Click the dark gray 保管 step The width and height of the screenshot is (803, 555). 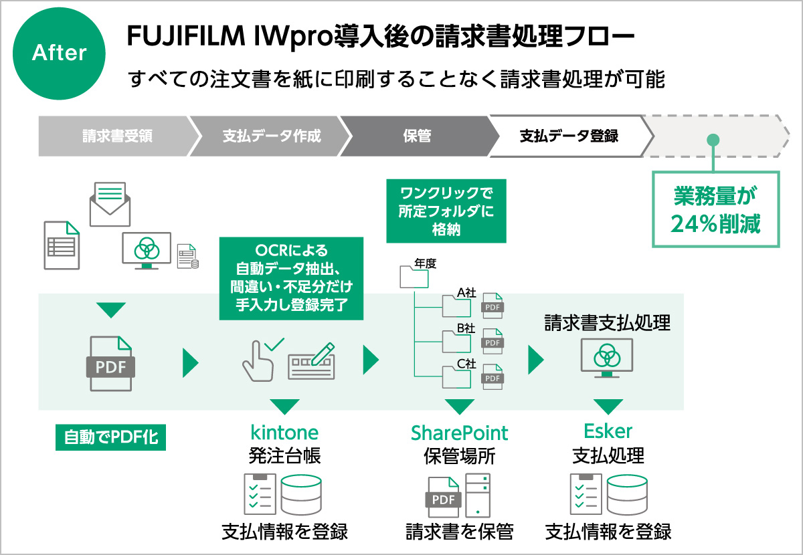(x=416, y=136)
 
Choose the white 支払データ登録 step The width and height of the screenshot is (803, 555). (x=569, y=136)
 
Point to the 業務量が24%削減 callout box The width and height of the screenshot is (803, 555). (x=716, y=210)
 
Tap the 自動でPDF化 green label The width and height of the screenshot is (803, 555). (x=110, y=438)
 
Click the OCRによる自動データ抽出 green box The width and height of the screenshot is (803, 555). (x=291, y=278)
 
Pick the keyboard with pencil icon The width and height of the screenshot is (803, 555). (x=311, y=361)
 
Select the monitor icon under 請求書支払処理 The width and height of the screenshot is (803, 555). (x=607, y=358)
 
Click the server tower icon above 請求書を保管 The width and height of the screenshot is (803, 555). (x=478, y=495)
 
